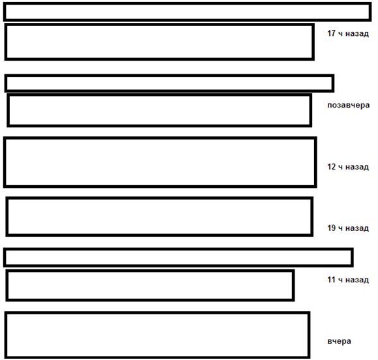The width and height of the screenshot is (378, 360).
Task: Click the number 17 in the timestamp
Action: pos(331,33)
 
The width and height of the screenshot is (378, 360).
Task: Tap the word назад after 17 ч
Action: pos(357,33)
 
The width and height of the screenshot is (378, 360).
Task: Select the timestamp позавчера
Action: pos(349,105)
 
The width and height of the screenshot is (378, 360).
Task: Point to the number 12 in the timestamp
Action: pos(331,166)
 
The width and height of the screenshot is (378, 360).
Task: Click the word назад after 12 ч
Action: pos(357,167)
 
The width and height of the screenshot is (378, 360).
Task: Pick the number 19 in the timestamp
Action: pos(331,228)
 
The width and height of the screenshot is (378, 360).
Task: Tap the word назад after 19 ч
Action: pos(357,228)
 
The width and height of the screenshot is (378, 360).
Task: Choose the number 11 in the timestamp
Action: pos(331,279)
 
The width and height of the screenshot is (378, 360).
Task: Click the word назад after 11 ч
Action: pos(357,280)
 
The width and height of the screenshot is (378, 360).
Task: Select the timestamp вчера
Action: pos(339,341)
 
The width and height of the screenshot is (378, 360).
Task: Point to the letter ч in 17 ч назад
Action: pos(340,33)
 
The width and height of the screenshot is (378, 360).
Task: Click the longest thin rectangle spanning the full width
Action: pos(187,4)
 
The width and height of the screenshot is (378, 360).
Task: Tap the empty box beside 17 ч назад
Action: pos(160,24)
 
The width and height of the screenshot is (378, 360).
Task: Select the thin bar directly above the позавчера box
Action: pos(169,76)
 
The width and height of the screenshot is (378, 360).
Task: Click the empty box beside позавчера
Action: pos(160,95)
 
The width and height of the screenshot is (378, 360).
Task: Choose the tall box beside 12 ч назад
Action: pos(160,138)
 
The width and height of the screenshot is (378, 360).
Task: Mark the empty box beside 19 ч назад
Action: pos(160,198)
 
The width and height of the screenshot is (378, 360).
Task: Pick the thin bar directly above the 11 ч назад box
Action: pos(179,249)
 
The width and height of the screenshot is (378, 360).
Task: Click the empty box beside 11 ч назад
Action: pos(150,271)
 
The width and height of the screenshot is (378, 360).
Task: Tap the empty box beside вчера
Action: pos(157,313)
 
